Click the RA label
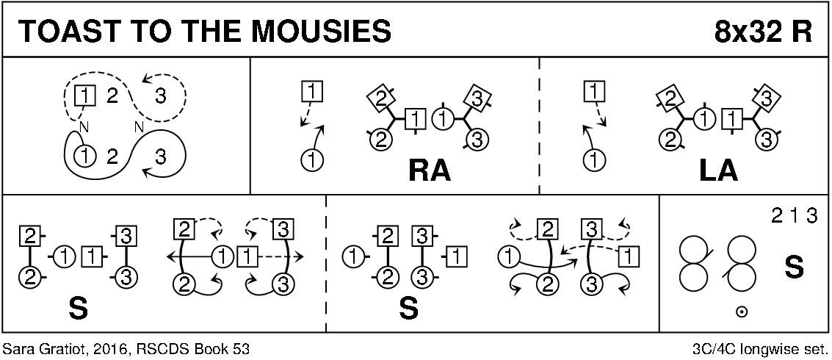click(x=429, y=170)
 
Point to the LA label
click(x=717, y=170)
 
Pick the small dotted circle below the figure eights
click(x=742, y=312)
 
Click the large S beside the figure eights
click(x=794, y=267)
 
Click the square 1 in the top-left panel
click(x=86, y=95)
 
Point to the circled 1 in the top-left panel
click(x=86, y=156)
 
